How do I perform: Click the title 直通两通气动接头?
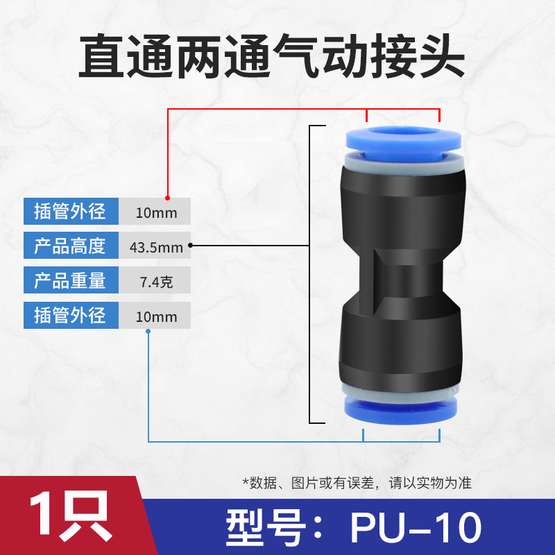click(x=271, y=56)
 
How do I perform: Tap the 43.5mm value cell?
click(x=155, y=246)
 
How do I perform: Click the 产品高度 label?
click(x=71, y=246)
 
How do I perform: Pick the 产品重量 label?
click(x=71, y=280)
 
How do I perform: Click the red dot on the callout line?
click(x=167, y=198)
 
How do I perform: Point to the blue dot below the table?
click(x=148, y=332)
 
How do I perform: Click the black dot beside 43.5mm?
click(x=190, y=245)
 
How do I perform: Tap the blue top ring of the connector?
click(x=403, y=144)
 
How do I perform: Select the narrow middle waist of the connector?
click(x=402, y=280)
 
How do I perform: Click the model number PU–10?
click(x=416, y=527)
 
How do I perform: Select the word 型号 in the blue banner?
click(x=265, y=527)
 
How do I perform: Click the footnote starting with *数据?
click(x=357, y=483)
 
